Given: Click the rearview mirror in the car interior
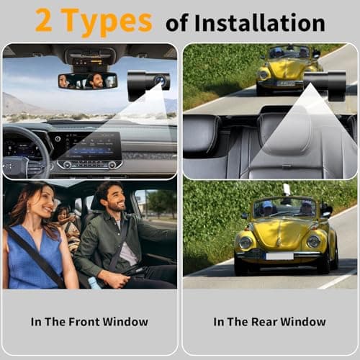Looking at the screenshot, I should pyautogui.click(x=87, y=81).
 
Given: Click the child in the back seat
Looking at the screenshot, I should pyautogui.click(x=63, y=215).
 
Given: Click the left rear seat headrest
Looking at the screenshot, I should pyautogui.click(x=202, y=134).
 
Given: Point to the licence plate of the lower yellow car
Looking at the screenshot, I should pyautogui.click(x=279, y=256).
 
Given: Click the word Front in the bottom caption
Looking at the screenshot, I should pyautogui.click(x=100, y=322).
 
